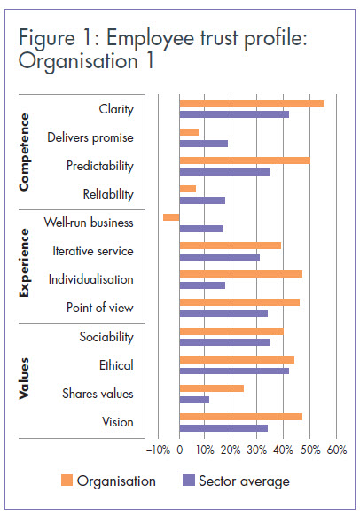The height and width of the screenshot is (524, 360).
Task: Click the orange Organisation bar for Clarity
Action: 251,104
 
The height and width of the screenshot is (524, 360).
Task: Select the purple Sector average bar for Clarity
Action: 234,114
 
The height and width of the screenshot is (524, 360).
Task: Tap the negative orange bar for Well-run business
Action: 171,217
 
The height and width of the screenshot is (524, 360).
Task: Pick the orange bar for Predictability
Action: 245,160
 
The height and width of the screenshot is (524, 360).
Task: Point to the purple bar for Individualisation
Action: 202,285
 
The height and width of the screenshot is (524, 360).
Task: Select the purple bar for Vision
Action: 223,427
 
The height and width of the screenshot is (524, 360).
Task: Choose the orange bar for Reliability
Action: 187,189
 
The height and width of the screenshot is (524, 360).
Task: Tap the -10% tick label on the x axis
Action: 158,450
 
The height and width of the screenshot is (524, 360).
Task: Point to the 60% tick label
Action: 337,450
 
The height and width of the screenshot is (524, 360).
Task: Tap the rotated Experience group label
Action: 25,263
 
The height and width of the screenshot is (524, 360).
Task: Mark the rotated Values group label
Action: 25,379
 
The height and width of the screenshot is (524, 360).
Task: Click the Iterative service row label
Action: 93,251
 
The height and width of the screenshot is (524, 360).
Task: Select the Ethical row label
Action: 116,364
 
